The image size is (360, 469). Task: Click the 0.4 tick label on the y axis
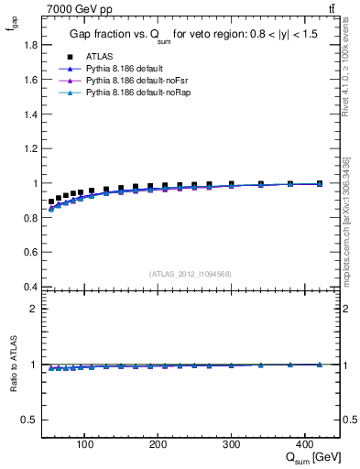click(x=29, y=287)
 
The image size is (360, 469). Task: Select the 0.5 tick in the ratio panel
click(x=29, y=420)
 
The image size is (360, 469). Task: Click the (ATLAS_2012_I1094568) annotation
click(x=191, y=273)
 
